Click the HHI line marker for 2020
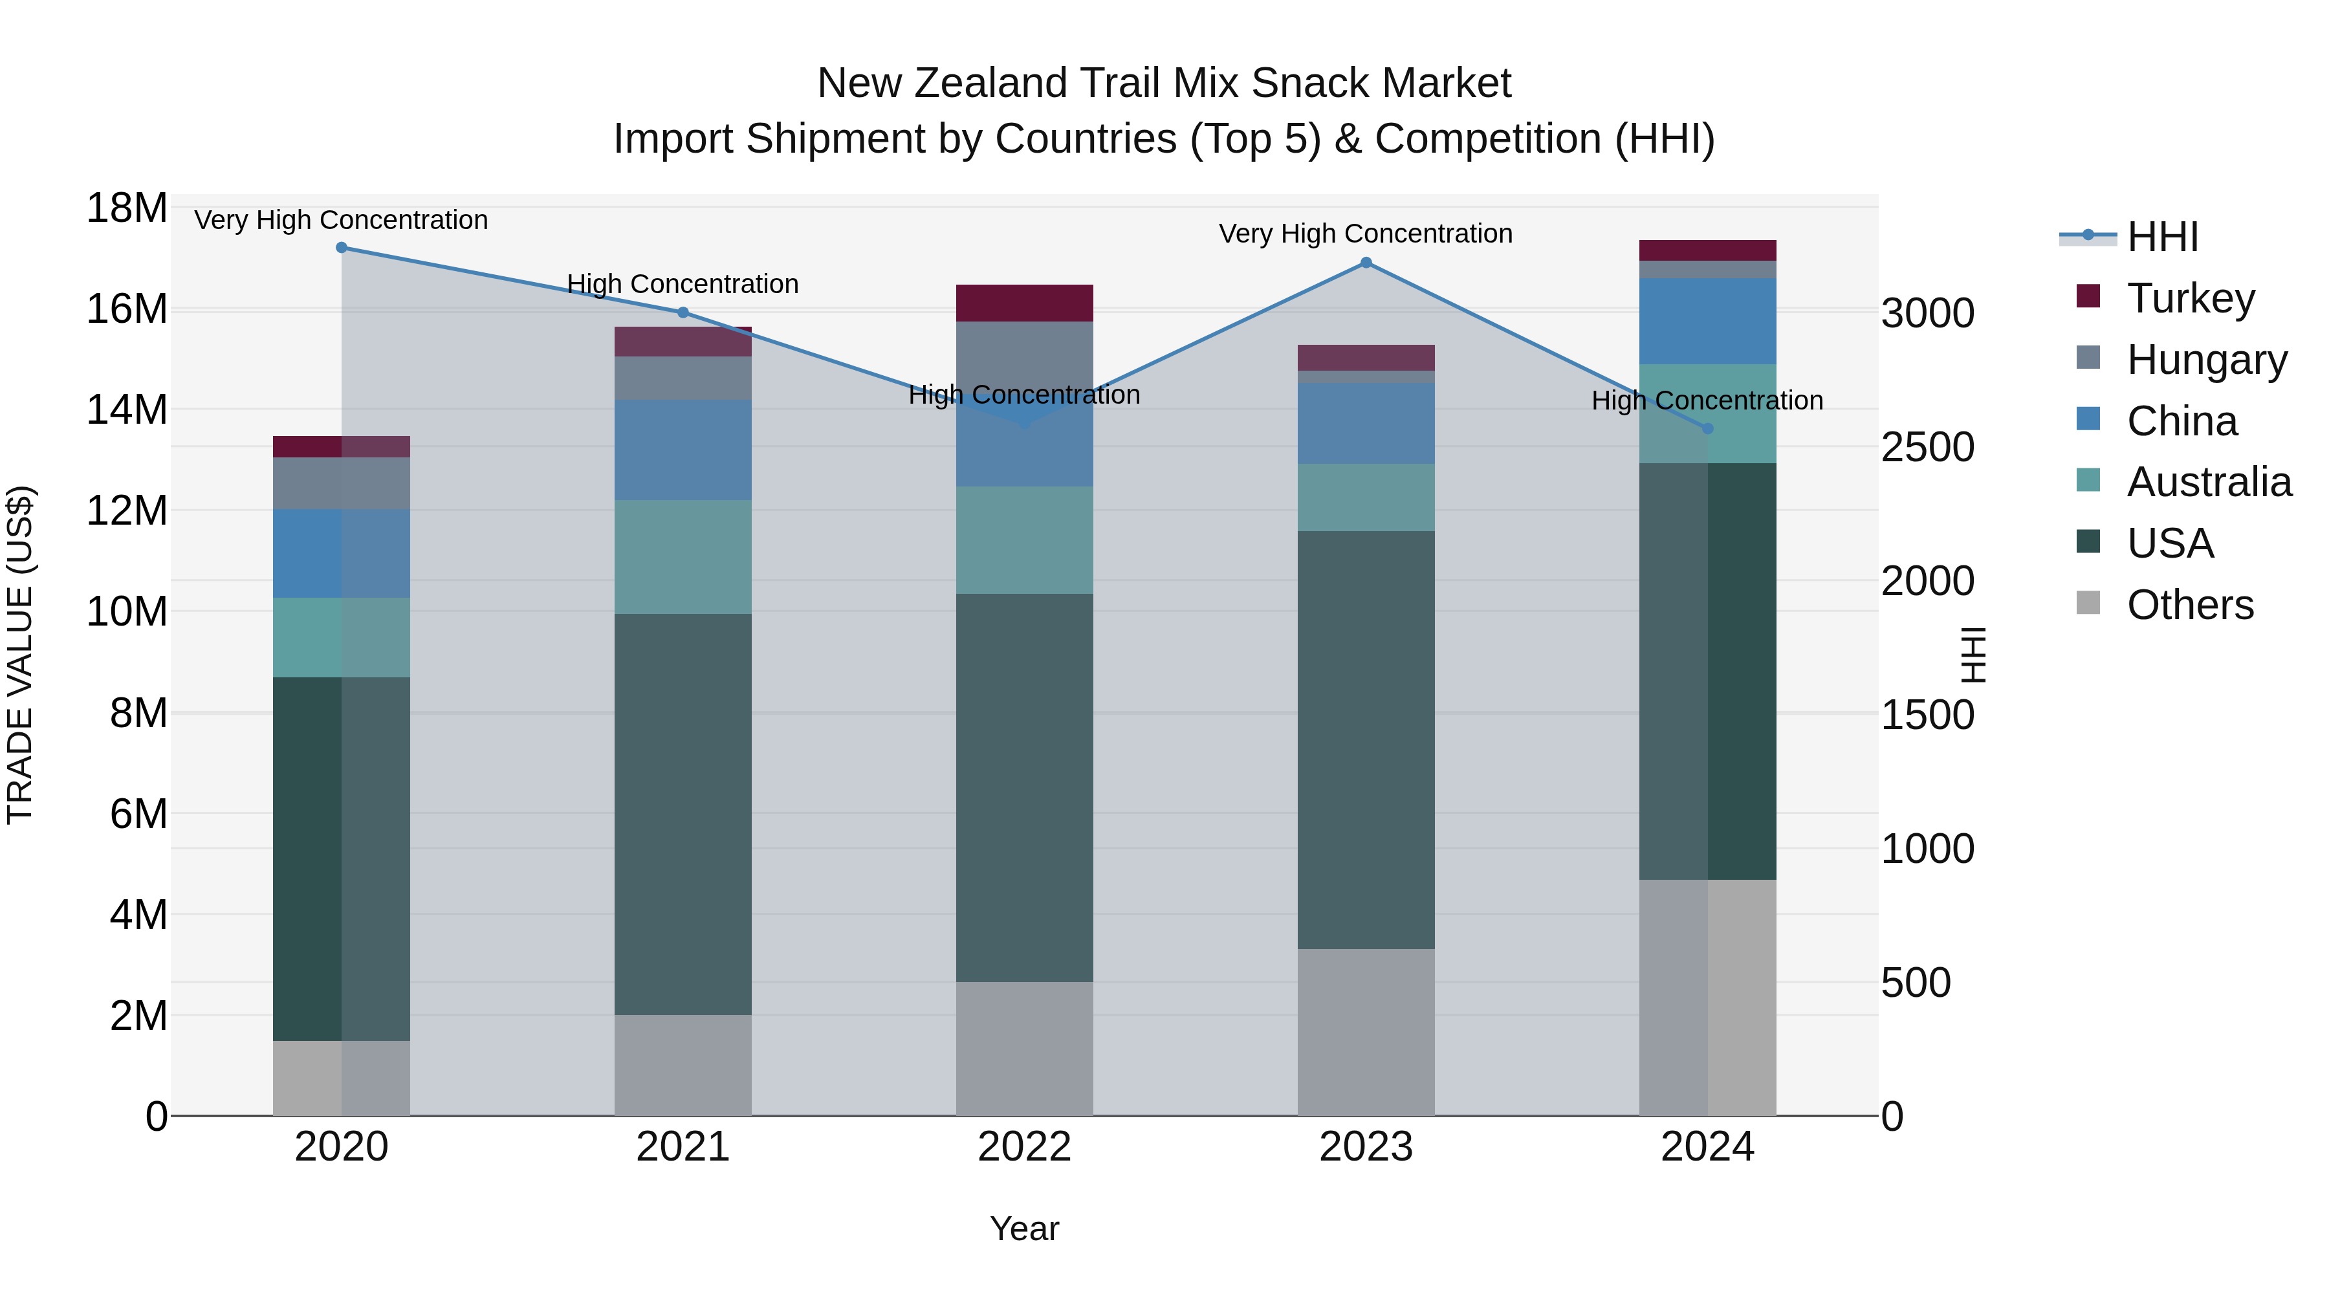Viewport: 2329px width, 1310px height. coord(342,248)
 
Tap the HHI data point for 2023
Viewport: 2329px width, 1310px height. coord(1366,263)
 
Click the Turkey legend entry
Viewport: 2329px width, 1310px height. coord(2191,298)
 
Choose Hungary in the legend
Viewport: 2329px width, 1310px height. coord(2207,360)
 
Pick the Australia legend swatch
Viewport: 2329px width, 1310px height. coord(2088,481)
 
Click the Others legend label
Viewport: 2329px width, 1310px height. coord(2191,605)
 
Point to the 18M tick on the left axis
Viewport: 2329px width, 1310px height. coord(127,209)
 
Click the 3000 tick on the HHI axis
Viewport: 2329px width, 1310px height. coord(1928,314)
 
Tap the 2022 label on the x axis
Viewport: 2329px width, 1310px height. coord(1024,1147)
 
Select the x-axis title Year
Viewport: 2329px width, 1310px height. coord(1024,1228)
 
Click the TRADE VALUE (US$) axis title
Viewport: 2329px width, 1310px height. coord(21,655)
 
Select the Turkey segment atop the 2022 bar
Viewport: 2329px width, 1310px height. coord(1024,303)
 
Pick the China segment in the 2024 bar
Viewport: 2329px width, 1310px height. coord(1708,321)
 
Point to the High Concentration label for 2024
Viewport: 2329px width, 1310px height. coord(1707,400)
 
